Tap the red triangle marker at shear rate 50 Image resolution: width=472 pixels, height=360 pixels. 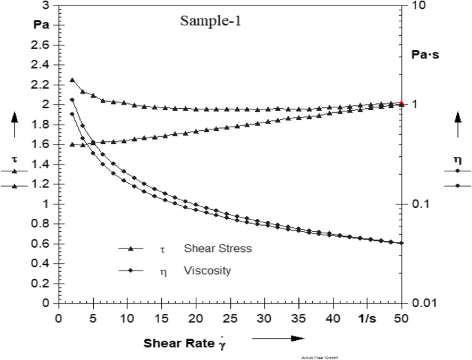[x=402, y=103]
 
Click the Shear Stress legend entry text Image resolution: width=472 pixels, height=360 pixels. [x=218, y=248]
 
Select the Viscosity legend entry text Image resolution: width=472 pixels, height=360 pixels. [x=207, y=271]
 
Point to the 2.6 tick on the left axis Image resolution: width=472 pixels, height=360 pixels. [x=42, y=45]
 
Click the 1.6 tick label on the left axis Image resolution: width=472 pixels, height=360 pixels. [x=42, y=145]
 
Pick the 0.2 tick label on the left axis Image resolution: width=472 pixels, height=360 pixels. [x=42, y=283]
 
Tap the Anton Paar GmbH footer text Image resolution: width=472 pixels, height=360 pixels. [x=317, y=357]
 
